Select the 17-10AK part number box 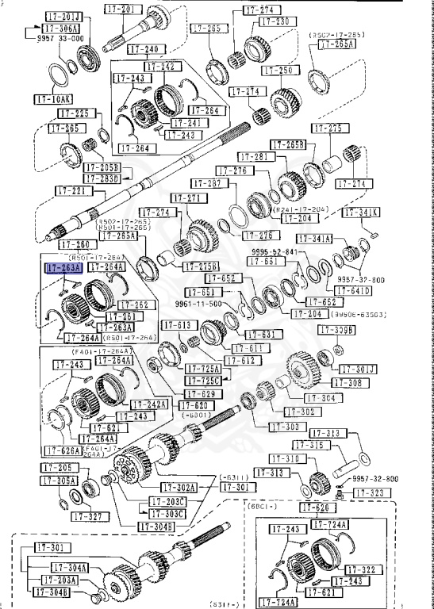(53, 99)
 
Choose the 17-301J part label (359, 369)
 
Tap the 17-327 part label (89, 516)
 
